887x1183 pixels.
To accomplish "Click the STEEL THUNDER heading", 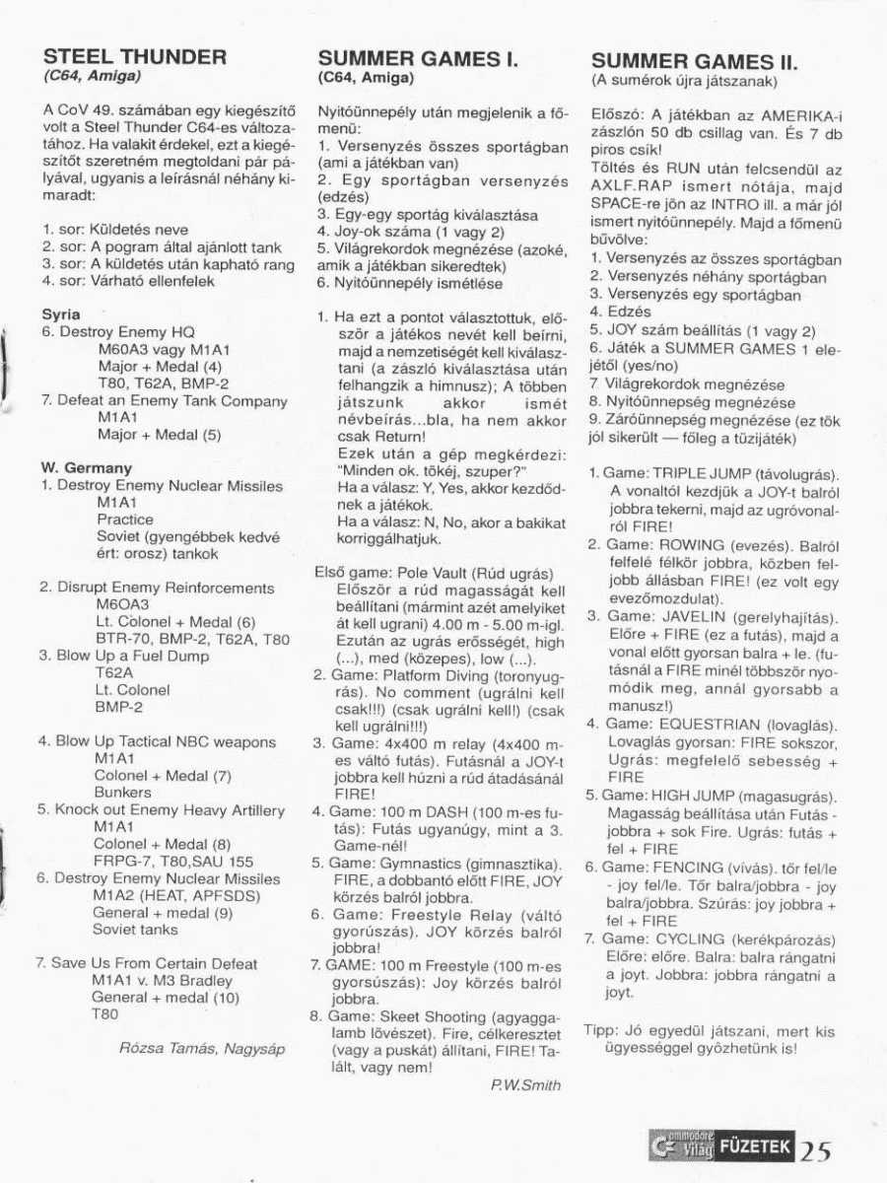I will pos(135,55).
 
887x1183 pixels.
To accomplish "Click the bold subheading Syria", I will pos(61,314).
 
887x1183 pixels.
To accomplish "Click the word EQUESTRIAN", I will pos(707,724).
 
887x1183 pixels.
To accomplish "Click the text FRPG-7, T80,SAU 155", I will pos(173,861).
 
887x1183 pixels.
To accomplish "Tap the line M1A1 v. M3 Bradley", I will pos(163,980).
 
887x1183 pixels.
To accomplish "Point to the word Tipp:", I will pos(601,1031).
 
